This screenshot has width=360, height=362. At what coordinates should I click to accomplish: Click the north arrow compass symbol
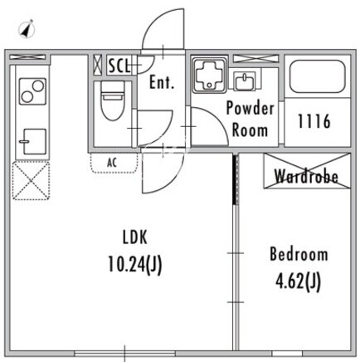(27, 28)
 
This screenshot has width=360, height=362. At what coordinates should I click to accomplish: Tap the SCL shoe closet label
(119, 66)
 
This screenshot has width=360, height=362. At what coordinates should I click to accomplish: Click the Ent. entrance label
(162, 82)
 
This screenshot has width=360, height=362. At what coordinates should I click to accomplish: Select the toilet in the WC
(112, 100)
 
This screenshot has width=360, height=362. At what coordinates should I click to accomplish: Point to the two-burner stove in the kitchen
(32, 91)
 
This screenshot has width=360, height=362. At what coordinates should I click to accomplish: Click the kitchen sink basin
(34, 141)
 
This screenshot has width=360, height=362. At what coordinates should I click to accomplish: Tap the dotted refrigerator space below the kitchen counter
(32, 181)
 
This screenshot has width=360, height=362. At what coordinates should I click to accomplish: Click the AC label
(112, 163)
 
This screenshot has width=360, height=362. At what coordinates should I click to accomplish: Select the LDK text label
(134, 237)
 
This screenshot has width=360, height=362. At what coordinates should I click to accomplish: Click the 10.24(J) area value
(134, 265)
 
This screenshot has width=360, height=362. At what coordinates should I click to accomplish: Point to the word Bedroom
(299, 254)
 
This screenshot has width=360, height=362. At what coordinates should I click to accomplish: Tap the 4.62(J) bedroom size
(299, 281)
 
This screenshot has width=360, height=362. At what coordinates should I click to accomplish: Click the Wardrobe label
(306, 175)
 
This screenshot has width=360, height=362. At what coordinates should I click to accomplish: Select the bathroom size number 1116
(314, 121)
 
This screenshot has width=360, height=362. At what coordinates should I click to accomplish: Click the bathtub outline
(317, 76)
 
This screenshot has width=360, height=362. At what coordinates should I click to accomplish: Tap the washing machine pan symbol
(209, 76)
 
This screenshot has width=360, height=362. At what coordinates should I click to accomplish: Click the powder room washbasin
(245, 81)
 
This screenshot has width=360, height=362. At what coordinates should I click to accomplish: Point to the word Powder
(251, 108)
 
